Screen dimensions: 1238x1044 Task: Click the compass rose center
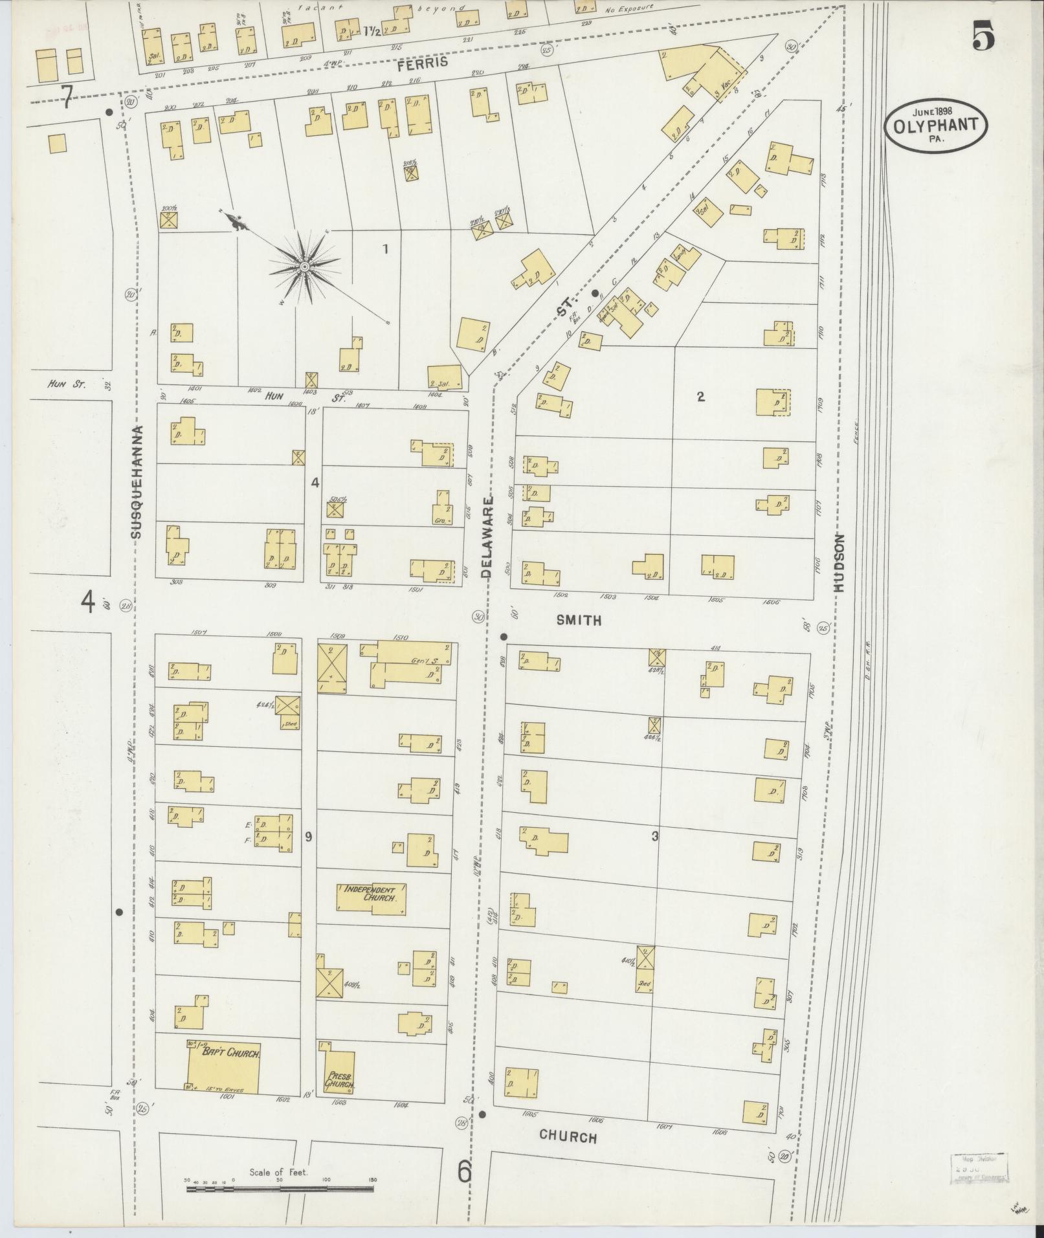pos(304,267)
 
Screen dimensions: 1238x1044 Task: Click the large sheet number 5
pos(983,36)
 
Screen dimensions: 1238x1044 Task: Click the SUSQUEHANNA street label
pos(136,481)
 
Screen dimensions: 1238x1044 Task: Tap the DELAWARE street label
pos(487,536)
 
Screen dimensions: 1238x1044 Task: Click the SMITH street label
pos(579,620)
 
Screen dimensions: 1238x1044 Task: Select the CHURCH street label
pos(568,1136)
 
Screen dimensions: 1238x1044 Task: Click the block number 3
pos(655,836)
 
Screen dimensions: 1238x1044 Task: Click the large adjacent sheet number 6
pos(464,1171)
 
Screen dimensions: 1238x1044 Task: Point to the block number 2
pos(700,397)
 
